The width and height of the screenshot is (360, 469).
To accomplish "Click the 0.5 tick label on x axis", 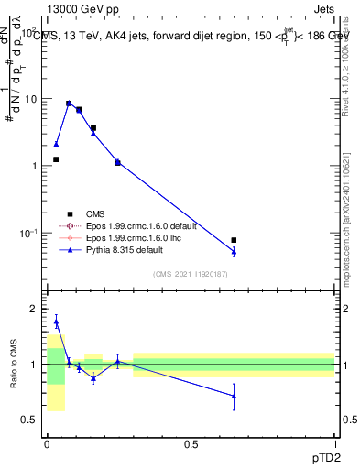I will click(x=191, y=443).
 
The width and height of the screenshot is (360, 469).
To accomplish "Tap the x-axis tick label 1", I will click(x=334, y=443).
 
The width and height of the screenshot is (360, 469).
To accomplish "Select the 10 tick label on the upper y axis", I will click(x=32, y=98).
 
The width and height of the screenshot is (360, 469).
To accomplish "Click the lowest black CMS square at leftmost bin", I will click(x=56, y=159).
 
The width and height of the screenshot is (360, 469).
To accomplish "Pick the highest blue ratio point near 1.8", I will click(x=56, y=322).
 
